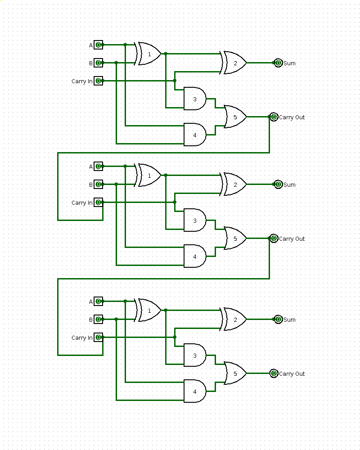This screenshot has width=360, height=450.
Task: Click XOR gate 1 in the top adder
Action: click(x=149, y=54)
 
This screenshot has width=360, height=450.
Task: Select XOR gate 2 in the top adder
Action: click(x=234, y=63)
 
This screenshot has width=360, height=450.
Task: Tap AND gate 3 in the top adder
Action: click(x=195, y=99)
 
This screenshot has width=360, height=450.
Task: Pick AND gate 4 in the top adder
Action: click(x=195, y=135)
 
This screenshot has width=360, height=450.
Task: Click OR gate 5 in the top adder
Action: click(x=235, y=117)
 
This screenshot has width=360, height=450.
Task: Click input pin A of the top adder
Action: click(x=98, y=45)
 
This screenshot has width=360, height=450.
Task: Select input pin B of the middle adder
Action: click(x=98, y=184)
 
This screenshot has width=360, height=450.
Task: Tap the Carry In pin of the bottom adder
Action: click(x=98, y=337)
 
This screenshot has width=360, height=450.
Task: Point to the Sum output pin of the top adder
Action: click(x=278, y=63)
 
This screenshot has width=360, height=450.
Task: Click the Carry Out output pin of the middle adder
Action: click(x=274, y=238)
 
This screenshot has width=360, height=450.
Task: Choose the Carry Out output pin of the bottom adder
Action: click(x=274, y=373)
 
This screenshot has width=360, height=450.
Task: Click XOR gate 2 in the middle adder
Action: click(x=234, y=184)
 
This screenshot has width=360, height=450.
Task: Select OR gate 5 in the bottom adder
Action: click(x=235, y=373)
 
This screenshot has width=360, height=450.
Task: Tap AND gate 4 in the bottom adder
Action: click(x=195, y=391)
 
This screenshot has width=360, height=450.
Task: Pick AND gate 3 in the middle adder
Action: click(x=195, y=220)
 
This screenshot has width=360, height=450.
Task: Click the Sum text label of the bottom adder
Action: click(x=289, y=320)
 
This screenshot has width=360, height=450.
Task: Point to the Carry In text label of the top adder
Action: click(x=82, y=81)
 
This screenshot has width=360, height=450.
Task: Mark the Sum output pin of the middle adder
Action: click(x=278, y=184)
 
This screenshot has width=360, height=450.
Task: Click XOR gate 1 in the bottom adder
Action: click(x=149, y=310)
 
